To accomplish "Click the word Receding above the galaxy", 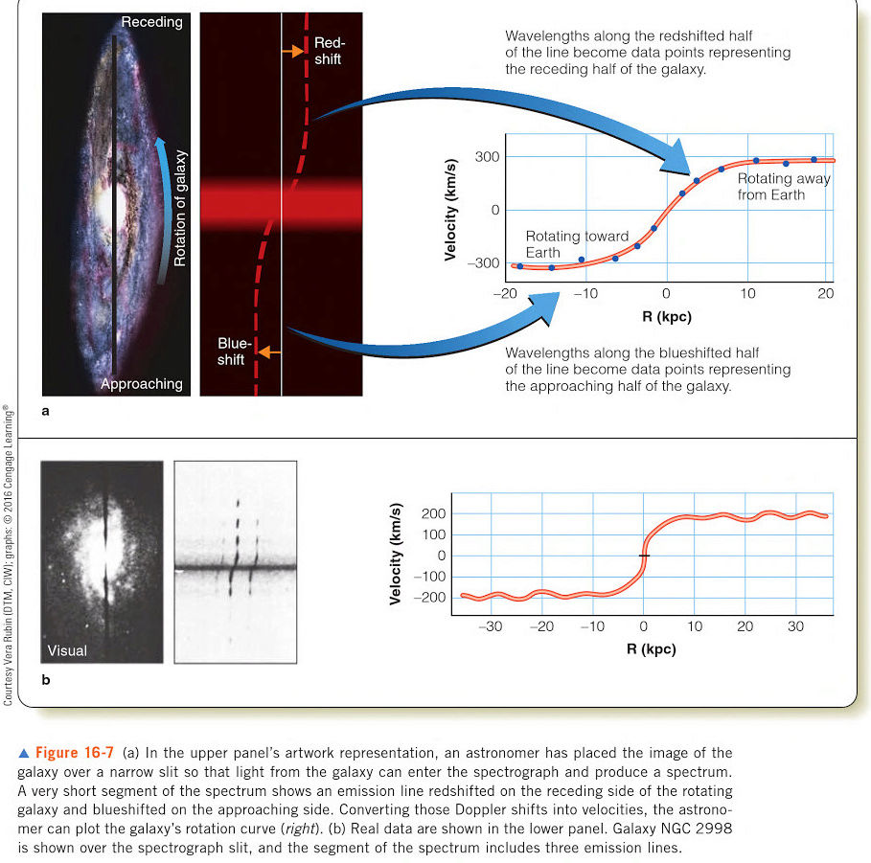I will (x=151, y=21).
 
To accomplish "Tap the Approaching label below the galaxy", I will (x=142, y=383).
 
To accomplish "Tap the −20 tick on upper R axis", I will (x=505, y=294).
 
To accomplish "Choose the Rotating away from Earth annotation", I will (x=783, y=187).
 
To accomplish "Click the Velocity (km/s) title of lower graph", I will (x=396, y=555).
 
